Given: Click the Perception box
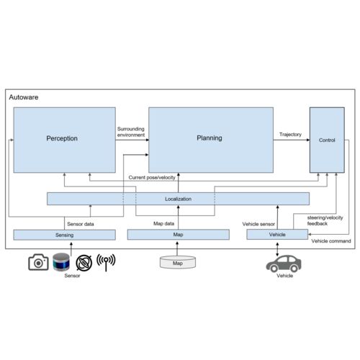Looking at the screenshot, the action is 64,140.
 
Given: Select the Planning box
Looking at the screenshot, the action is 211,140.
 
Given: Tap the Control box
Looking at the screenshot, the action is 327,140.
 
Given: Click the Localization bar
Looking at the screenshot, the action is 178,199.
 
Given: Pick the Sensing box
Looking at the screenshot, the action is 64,235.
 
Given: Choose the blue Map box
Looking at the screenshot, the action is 178,235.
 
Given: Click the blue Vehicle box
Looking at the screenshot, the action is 277,234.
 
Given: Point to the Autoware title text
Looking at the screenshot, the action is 24,97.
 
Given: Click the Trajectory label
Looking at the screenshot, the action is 290,135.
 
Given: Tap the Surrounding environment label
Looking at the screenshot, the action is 131,132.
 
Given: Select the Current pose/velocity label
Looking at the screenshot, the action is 152,177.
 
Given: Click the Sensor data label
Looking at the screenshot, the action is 81,224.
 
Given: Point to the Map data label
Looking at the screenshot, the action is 163,223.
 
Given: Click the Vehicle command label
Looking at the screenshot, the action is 331,241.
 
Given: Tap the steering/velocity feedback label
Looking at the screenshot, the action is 325,220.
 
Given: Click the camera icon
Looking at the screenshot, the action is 38,262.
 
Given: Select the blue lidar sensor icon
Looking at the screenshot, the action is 61,262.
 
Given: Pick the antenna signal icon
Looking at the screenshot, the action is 106,262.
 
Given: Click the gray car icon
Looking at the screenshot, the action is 284,264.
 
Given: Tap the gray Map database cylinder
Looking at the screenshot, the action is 178,262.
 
